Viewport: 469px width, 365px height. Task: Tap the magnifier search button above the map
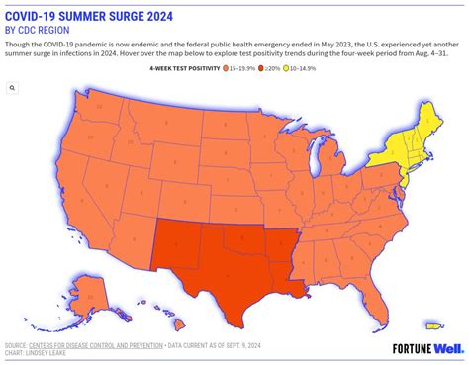pyautogui.click(x=12, y=88)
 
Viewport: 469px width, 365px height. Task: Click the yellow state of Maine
pyautogui.click(x=440, y=109)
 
